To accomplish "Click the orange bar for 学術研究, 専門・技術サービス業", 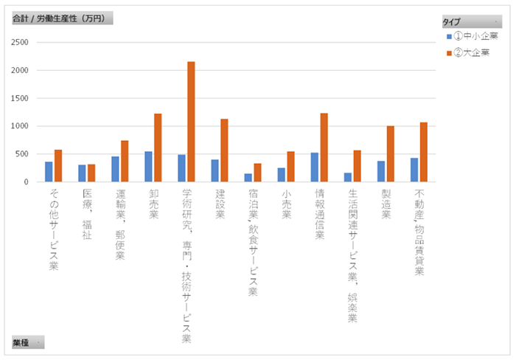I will click(191, 122).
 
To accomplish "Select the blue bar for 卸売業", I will click(148, 167).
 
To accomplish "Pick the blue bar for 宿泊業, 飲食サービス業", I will click(248, 178).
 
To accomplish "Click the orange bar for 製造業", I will click(391, 154).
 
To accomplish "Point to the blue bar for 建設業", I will click(215, 170).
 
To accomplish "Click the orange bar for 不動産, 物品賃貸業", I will click(424, 152).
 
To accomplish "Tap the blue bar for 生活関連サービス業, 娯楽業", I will click(348, 177).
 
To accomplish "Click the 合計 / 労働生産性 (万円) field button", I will click(62, 19).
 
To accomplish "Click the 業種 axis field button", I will click(27, 342).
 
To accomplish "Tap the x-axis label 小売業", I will click(286, 204).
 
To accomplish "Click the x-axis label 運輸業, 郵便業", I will click(120, 226).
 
